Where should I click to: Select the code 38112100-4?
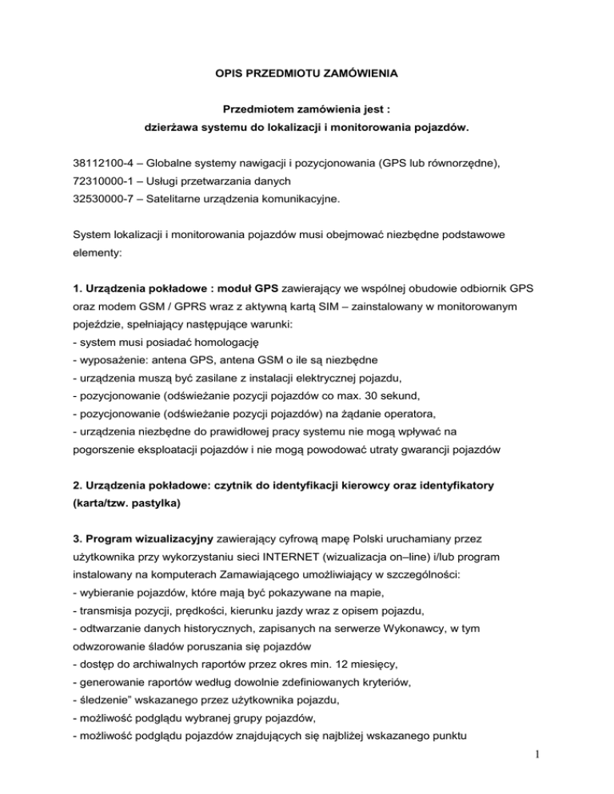[100, 164]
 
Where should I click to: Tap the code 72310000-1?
[100, 185]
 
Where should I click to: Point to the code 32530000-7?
[100, 205]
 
